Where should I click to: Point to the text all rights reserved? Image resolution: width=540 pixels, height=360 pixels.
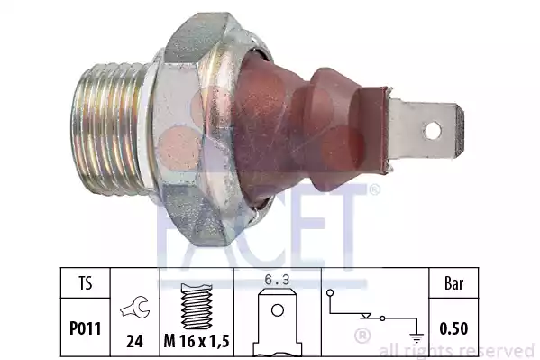[x=457, y=350]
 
